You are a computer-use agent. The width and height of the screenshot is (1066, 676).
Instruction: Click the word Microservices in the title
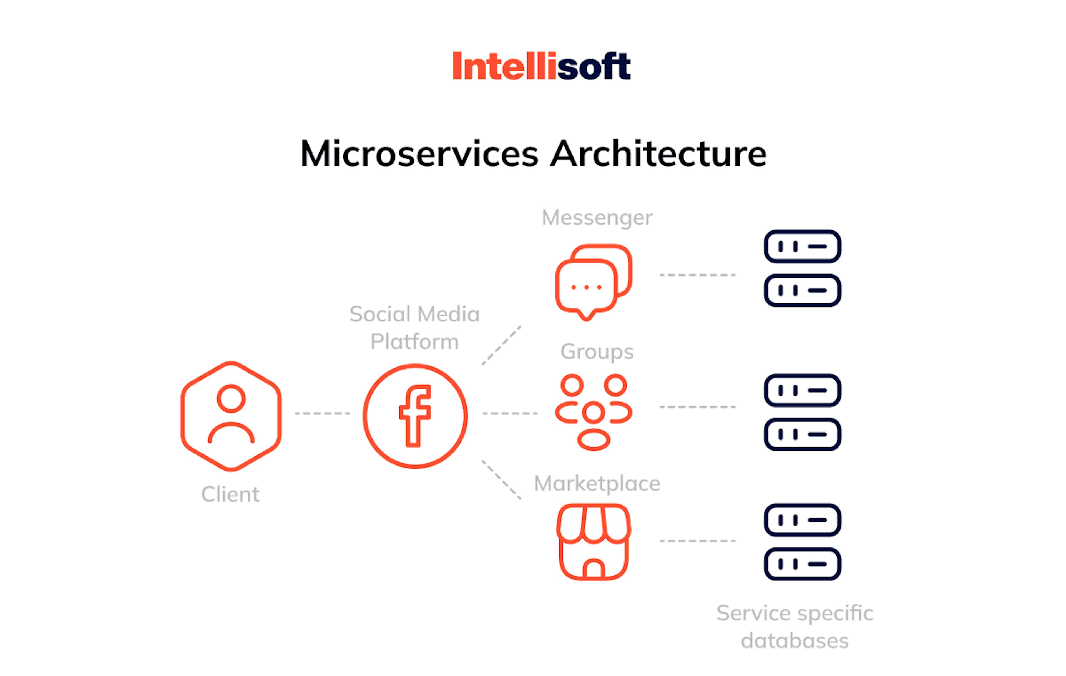tap(419, 153)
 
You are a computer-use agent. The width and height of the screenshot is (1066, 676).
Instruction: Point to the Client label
tap(230, 494)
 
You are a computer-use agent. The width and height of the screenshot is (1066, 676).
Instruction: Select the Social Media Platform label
tap(414, 328)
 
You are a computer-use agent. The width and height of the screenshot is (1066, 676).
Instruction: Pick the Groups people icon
tap(572, 385)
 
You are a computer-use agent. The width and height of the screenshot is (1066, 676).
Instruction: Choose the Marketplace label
tap(597, 483)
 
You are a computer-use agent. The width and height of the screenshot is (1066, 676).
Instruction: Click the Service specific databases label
tap(795, 627)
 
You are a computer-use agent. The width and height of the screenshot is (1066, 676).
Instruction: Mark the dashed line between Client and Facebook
tap(322, 413)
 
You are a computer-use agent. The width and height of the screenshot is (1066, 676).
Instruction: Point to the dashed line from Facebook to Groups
tap(510, 413)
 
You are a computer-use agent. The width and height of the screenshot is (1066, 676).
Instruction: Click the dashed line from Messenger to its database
tap(698, 275)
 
